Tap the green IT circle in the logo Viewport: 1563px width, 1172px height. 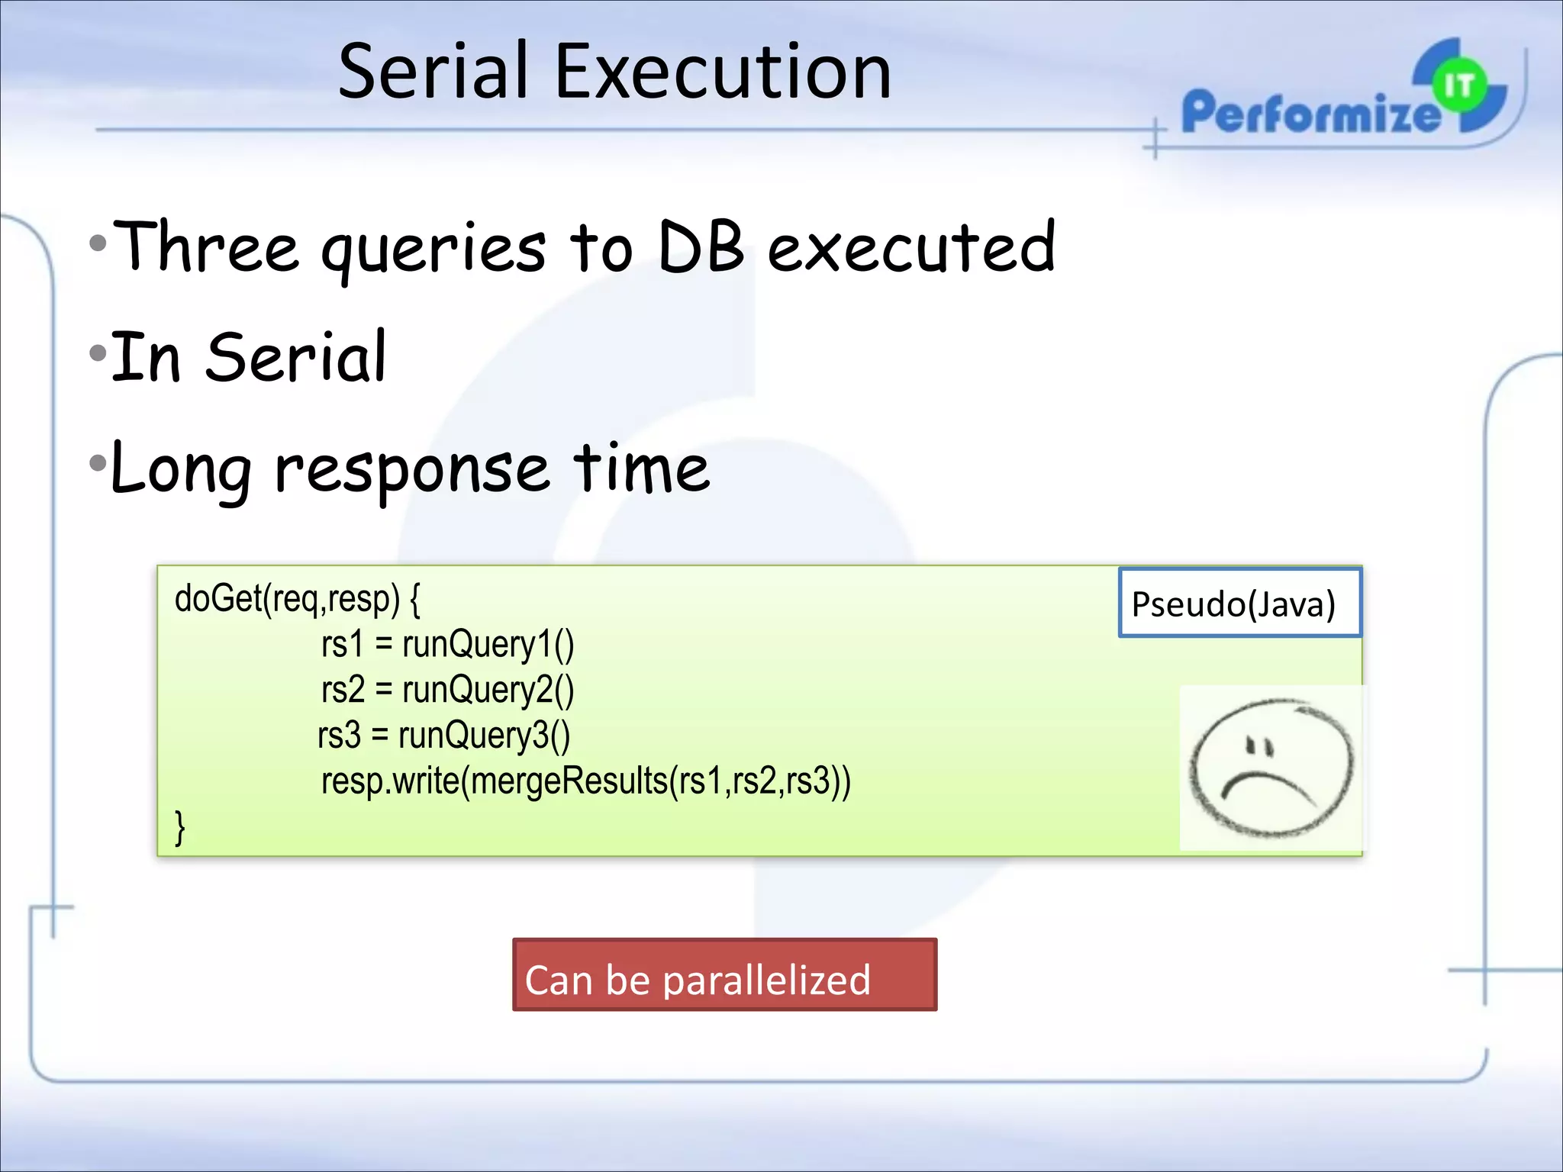click(1458, 85)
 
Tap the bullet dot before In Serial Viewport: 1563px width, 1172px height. click(98, 353)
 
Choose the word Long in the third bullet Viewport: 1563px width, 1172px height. click(181, 469)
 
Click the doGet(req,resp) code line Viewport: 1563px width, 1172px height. click(297, 599)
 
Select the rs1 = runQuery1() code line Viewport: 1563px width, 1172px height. click(447, 645)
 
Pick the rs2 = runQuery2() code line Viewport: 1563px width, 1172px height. click(447, 690)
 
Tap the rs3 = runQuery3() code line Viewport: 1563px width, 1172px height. click(443, 736)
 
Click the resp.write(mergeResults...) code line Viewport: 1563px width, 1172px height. click(585, 781)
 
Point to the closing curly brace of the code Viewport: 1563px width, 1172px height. click(180, 827)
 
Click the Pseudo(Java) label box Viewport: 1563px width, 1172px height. click(1239, 604)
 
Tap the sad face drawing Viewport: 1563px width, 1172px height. click(1271, 768)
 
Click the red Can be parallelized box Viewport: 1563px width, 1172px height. click(724, 975)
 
